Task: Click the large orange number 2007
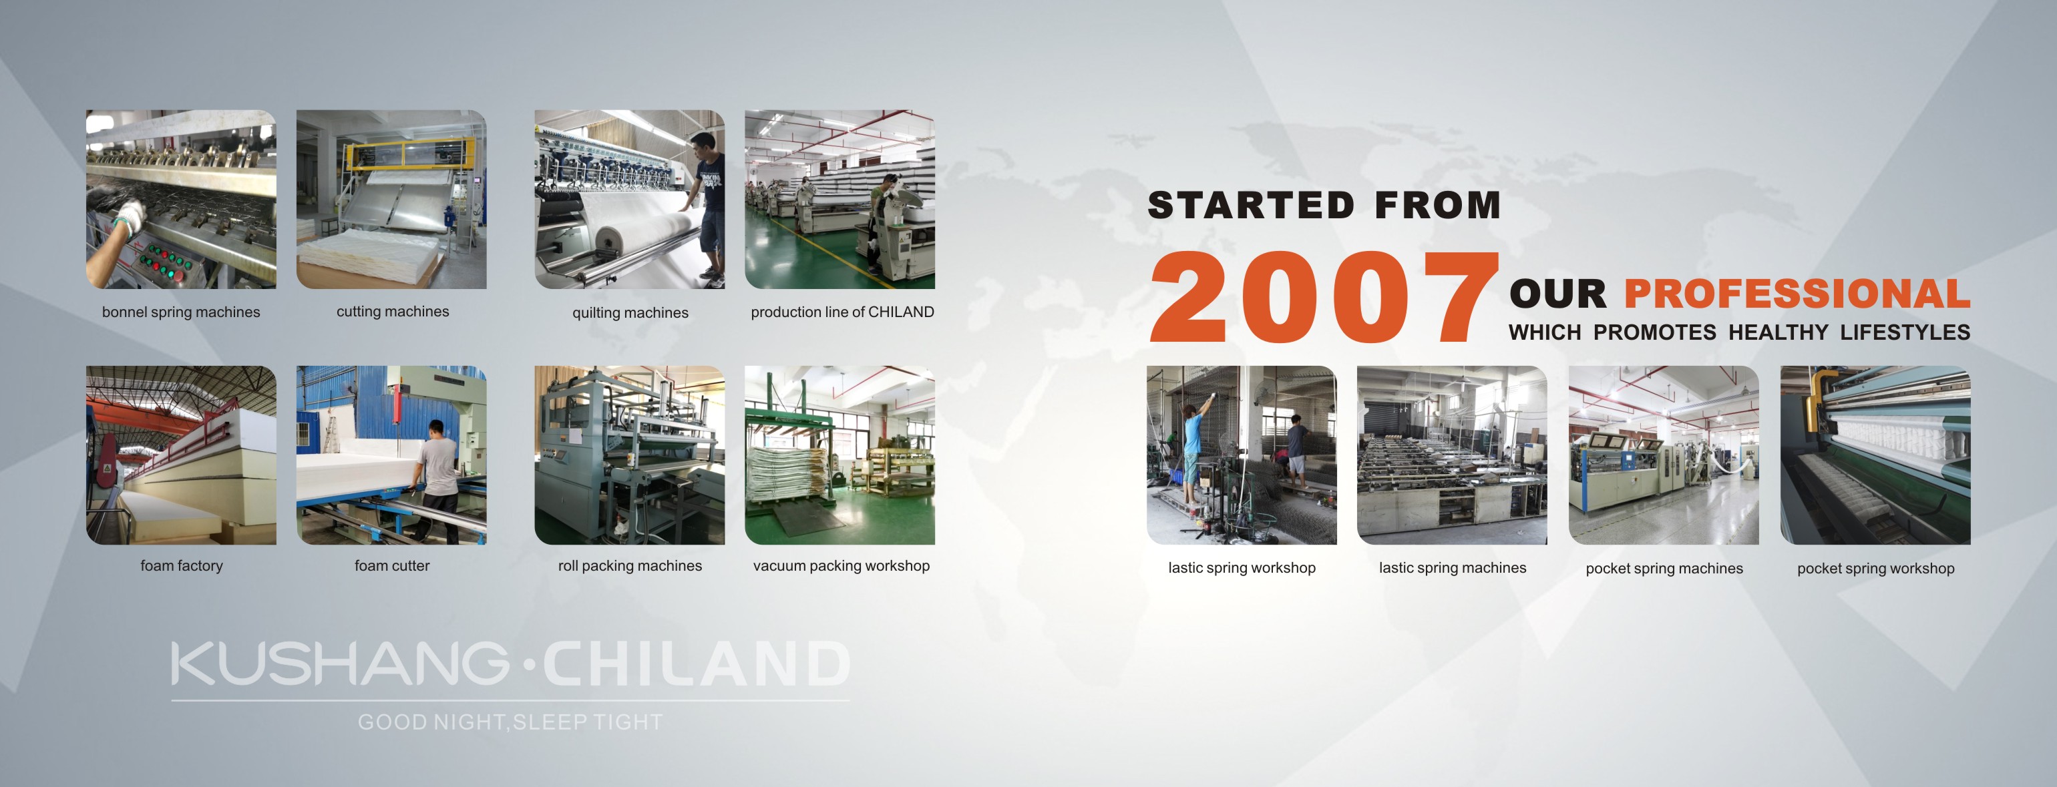[1324, 297]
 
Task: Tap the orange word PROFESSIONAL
[1797, 294]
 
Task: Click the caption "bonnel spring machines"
[181, 312]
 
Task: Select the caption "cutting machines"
[393, 311]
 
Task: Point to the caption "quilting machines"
[630, 313]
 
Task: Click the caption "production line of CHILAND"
[842, 312]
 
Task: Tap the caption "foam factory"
[181, 566]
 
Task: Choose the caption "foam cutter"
[392, 566]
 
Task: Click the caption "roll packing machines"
[630, 566]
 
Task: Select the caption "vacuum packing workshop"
[841, 566]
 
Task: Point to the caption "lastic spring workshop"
[1242, 568]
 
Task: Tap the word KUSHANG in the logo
[340, 664]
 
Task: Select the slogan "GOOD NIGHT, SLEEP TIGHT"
[510, 722]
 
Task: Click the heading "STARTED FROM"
[1324, 205]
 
